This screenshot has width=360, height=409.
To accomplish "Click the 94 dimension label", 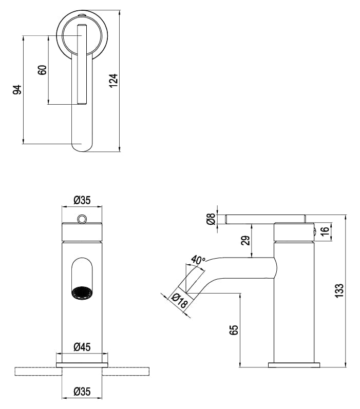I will pyautogui.click(x=17, y=89).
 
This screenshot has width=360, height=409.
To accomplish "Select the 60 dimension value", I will pyautogui.click(x=43, y=70).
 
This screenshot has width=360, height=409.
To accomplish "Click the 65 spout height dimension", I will pyautogui.click(x=234, y=329).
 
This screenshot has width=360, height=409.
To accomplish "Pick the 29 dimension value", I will pyautogui.click(x=245, y=240).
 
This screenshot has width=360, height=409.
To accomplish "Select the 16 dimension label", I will pyautogui.click(x=325, y=231).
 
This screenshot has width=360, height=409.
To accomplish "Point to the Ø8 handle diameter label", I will pyautogui.click(x=211, y=219).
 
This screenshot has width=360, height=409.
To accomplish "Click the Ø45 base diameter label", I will pyautogui.click(x=82, y=347).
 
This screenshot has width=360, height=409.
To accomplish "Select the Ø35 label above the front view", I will pyautogui.click(x=82, y=200).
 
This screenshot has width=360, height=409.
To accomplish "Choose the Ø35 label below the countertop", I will pyautogui.click(x=82, y=392).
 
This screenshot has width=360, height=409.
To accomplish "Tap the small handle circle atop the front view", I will pyautogui.click(x=82, y=219).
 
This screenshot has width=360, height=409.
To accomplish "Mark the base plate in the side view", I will pyautogui.click(x=294, y=365).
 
